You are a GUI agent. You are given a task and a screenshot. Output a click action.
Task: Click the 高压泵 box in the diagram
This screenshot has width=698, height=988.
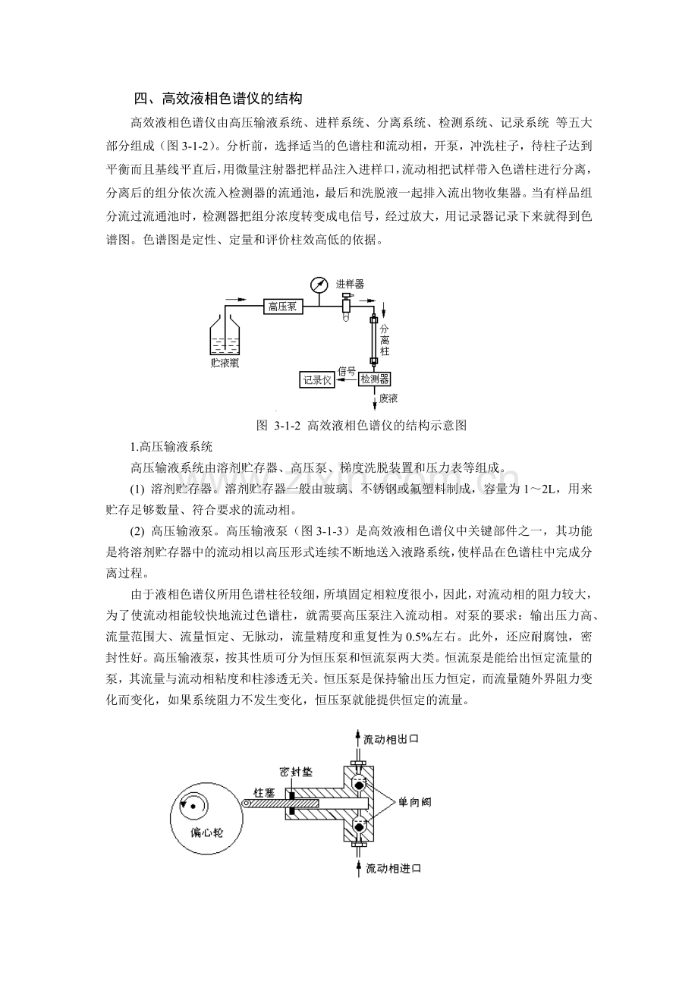coord(283,307)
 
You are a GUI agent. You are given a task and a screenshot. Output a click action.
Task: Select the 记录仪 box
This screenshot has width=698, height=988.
coord(317,379)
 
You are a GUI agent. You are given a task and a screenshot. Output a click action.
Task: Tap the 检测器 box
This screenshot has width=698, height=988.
coord(374,379)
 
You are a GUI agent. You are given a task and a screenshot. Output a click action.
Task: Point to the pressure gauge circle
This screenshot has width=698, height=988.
coord(318,285)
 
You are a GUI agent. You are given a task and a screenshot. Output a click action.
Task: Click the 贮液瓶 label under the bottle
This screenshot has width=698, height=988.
coord(225,364)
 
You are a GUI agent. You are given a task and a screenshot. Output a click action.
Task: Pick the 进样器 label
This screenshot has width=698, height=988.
coord(350,284)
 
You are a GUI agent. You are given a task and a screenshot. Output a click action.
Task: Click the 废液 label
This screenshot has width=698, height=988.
coord(388,398)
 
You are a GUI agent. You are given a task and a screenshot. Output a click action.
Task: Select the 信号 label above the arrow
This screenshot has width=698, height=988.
coord(347,371)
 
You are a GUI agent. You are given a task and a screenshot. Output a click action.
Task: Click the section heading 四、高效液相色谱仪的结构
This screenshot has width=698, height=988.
coord(218,98)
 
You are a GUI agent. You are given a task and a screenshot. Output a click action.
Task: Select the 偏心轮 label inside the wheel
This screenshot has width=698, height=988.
coord(206,832)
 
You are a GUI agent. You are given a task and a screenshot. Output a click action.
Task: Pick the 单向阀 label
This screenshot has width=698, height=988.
coord(414,802)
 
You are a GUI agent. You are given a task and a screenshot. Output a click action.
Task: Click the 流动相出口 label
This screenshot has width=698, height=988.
coord(391,739)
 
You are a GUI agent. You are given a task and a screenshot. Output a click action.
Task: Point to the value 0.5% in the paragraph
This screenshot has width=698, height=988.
coord(417,637)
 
